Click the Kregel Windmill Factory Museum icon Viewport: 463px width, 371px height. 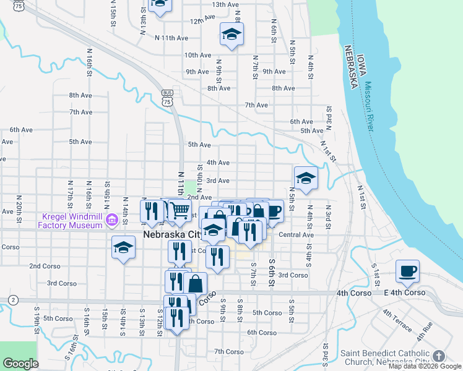tap(112, 220)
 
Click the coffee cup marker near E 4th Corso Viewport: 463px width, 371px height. tap(408, 271)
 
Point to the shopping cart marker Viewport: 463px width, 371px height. tap(180, 211)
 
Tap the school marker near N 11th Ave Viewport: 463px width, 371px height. tap(231, 34)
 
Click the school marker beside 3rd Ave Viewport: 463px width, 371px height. tap(306, 178)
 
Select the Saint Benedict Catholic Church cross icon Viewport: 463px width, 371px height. tap(439, 356)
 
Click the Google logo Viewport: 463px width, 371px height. tap(20, 364)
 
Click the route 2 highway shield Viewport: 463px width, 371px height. tap(12, 300)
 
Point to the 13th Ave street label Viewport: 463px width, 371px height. tap(225, 4)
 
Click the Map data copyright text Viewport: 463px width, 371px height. tap(425, 366)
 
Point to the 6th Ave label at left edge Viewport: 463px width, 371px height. tap(20, 130)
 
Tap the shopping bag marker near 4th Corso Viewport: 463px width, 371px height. tap(195, 284)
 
